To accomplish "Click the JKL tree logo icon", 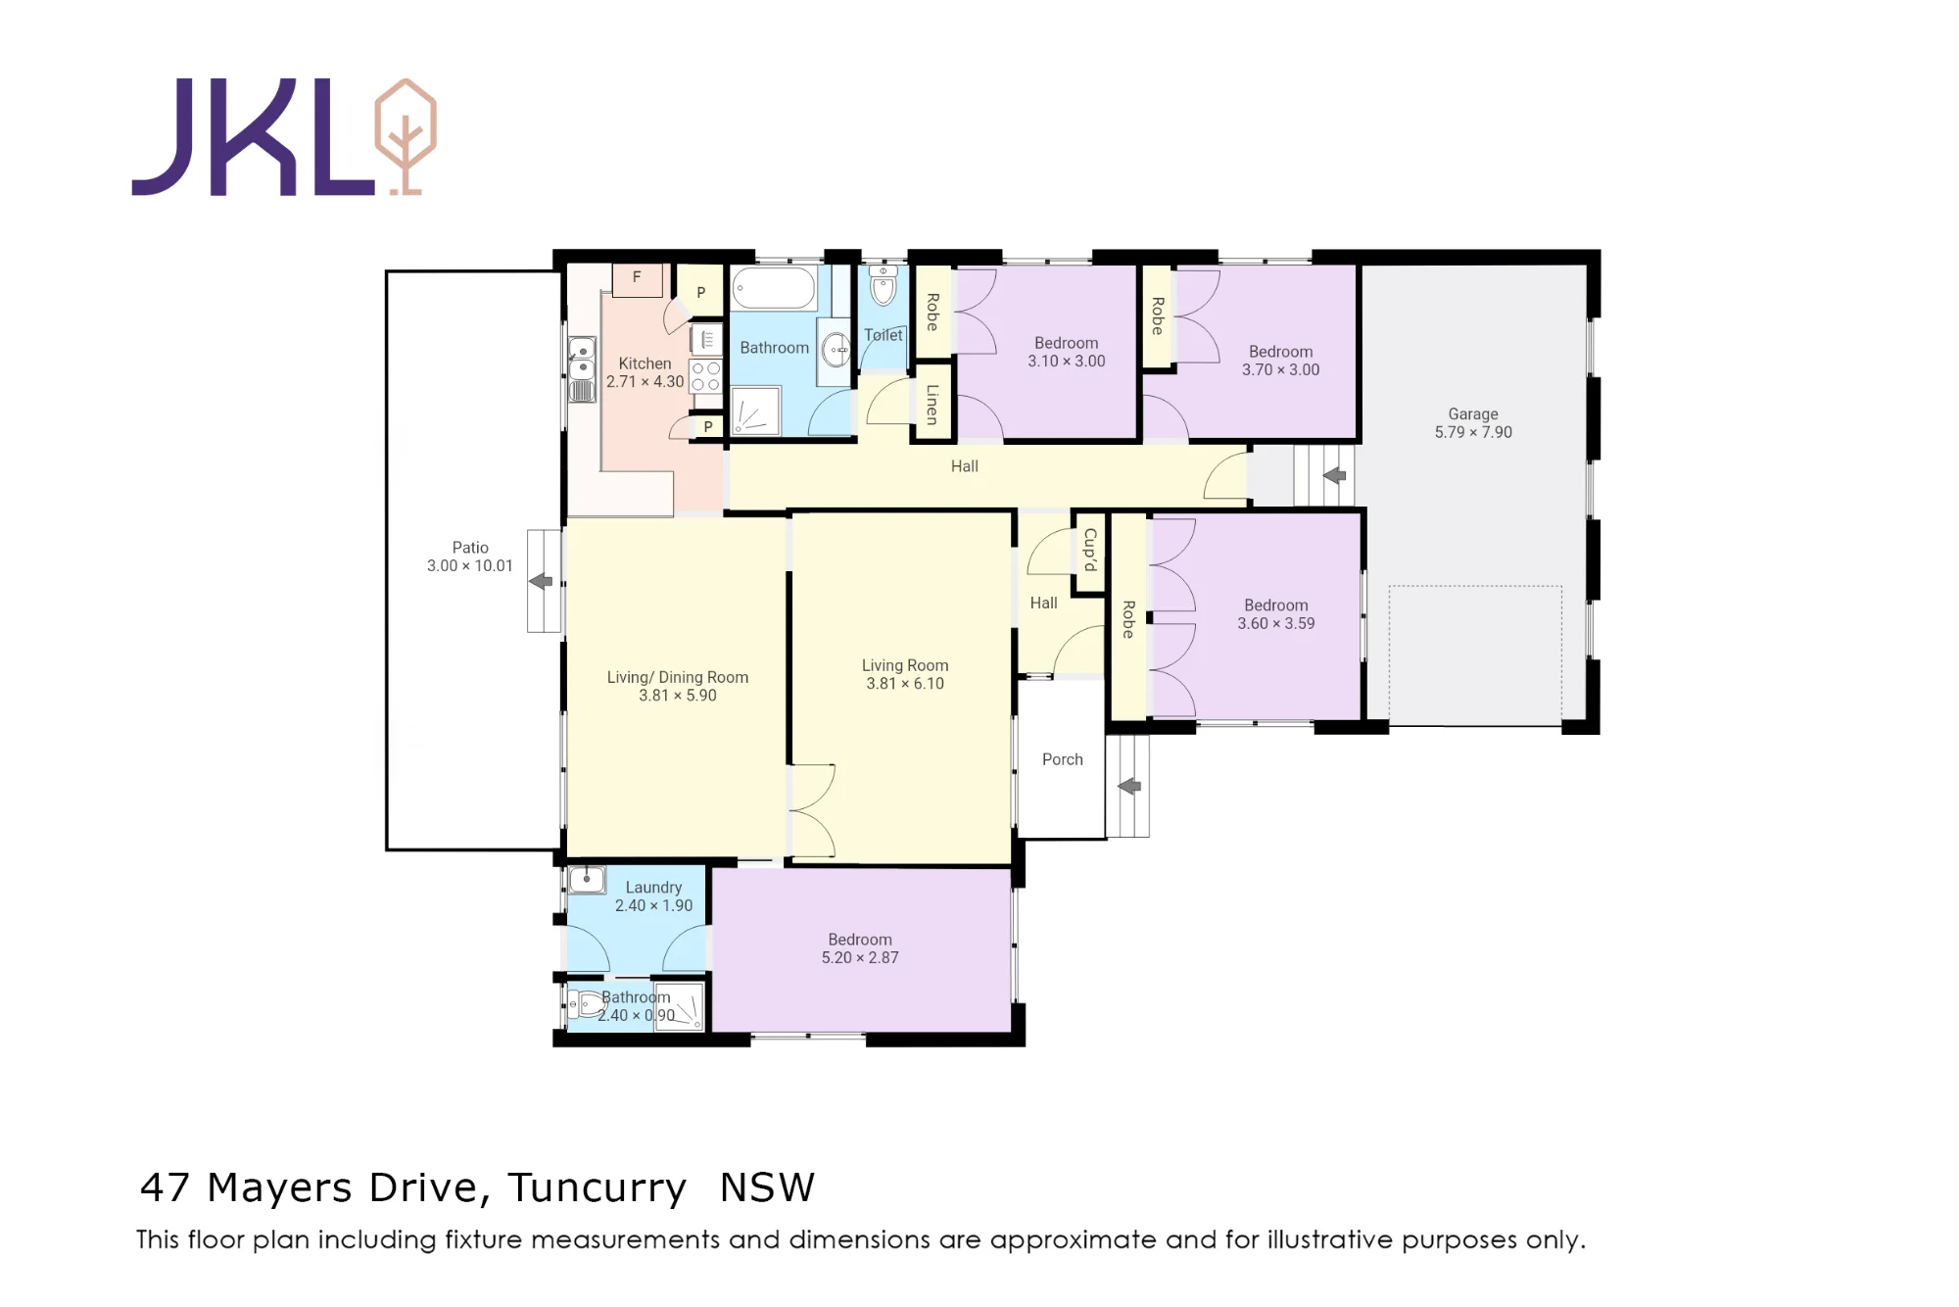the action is pos(406,137).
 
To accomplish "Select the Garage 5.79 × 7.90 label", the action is pos(1473,423).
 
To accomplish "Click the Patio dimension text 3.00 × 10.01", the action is pos(470,565).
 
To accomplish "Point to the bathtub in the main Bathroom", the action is pos(774,288).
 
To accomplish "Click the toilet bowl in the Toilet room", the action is pos(884,286).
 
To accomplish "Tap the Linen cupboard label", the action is pos(932,404).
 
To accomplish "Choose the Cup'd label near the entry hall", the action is pos(1089,551).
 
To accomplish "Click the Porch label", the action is pos(1063,759).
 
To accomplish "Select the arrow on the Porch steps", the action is pos(1129,786).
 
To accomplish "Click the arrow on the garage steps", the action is pos(1334,475).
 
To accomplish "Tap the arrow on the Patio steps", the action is pos(541,581).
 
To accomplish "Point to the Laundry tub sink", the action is pos(587,879).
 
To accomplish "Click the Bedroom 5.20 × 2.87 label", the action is pos(860,948).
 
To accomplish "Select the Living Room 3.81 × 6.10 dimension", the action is pos(905,684).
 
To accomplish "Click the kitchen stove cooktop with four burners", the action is pos(706,376).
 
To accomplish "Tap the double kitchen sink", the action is pos(582,359).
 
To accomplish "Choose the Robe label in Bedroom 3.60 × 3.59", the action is pos(1128,619).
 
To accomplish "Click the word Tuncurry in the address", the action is pos(597,1187).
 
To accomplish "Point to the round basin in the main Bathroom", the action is pos(836,349).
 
